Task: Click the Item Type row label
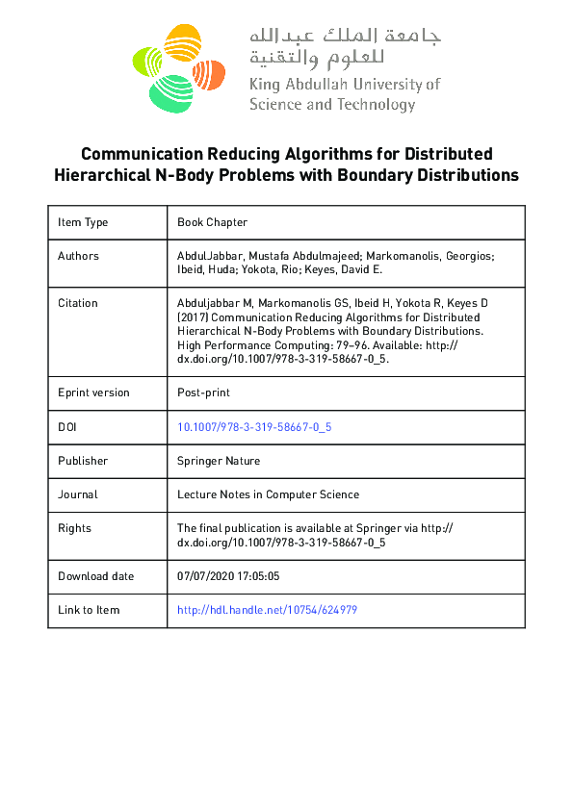tap(83, 222)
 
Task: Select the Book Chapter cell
tap(212, 222)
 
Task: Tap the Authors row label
tap(78, 256)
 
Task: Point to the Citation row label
tap(78, 303)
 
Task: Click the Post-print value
tap(203, 392)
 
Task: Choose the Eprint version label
tap(93, 392)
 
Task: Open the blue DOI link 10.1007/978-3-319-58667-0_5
tap(254, 426)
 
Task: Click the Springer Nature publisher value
tap(219, 461)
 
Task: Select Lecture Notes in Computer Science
tap(268, 494)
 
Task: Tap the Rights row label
tap(75, 528)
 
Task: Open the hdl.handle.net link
tap(267, 610)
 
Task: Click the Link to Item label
tap(89, 610)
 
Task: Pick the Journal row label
tap(78, 494)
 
